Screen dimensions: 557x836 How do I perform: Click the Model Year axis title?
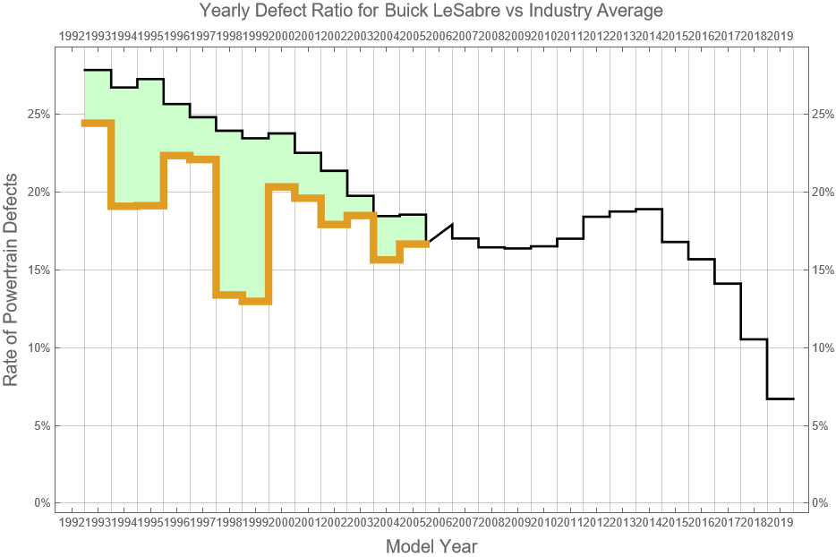coord(431,546)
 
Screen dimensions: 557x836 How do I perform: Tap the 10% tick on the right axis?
coord(822,347)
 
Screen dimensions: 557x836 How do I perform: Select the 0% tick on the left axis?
coord(40,503)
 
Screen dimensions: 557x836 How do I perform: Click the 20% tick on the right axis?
coord(822,193)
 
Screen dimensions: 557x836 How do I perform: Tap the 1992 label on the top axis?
coord(72,37)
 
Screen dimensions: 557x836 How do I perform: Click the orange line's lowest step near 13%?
coord(255,301)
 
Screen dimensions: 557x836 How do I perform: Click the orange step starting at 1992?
coord(97,123)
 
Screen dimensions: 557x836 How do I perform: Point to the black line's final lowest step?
coord(781,398)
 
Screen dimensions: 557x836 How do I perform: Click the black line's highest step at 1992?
coord(97,70)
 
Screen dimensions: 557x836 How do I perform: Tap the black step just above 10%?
coord(755,339)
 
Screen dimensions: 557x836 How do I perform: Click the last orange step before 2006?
coord(414,244)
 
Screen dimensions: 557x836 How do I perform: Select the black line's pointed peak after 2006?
coord(452,225)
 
